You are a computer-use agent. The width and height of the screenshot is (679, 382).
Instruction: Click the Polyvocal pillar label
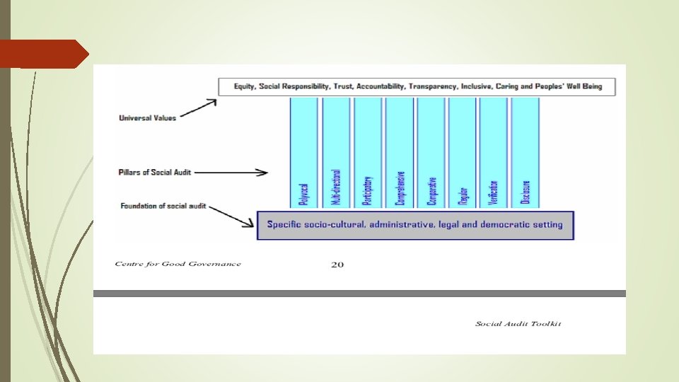(x=304, y=194)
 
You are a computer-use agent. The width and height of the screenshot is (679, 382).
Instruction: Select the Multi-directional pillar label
(x=336, y=187)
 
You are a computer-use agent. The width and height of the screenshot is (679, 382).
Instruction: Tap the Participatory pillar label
(x=367, y=191)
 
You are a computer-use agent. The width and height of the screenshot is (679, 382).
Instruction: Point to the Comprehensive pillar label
(x=400, y=188)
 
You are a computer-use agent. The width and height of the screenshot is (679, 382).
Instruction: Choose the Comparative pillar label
(x=431, y=191)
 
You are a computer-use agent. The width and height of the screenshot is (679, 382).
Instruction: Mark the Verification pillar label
(x=494, y=192)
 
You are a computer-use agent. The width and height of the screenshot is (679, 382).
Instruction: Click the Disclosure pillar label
(x=526, y=192)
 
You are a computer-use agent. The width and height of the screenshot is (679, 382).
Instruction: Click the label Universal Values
(x=147, y=118)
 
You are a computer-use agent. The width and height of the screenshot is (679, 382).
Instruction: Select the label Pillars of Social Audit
(x=154, y=172)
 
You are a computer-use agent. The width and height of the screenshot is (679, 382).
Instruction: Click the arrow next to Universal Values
(x=198, y=109)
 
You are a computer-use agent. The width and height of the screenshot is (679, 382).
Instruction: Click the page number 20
(x=337, y=265)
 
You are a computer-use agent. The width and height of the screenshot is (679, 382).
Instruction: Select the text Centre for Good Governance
(x=178, y=264)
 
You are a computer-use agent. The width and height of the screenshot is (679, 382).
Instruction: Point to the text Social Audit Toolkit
(x=518, y=324)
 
